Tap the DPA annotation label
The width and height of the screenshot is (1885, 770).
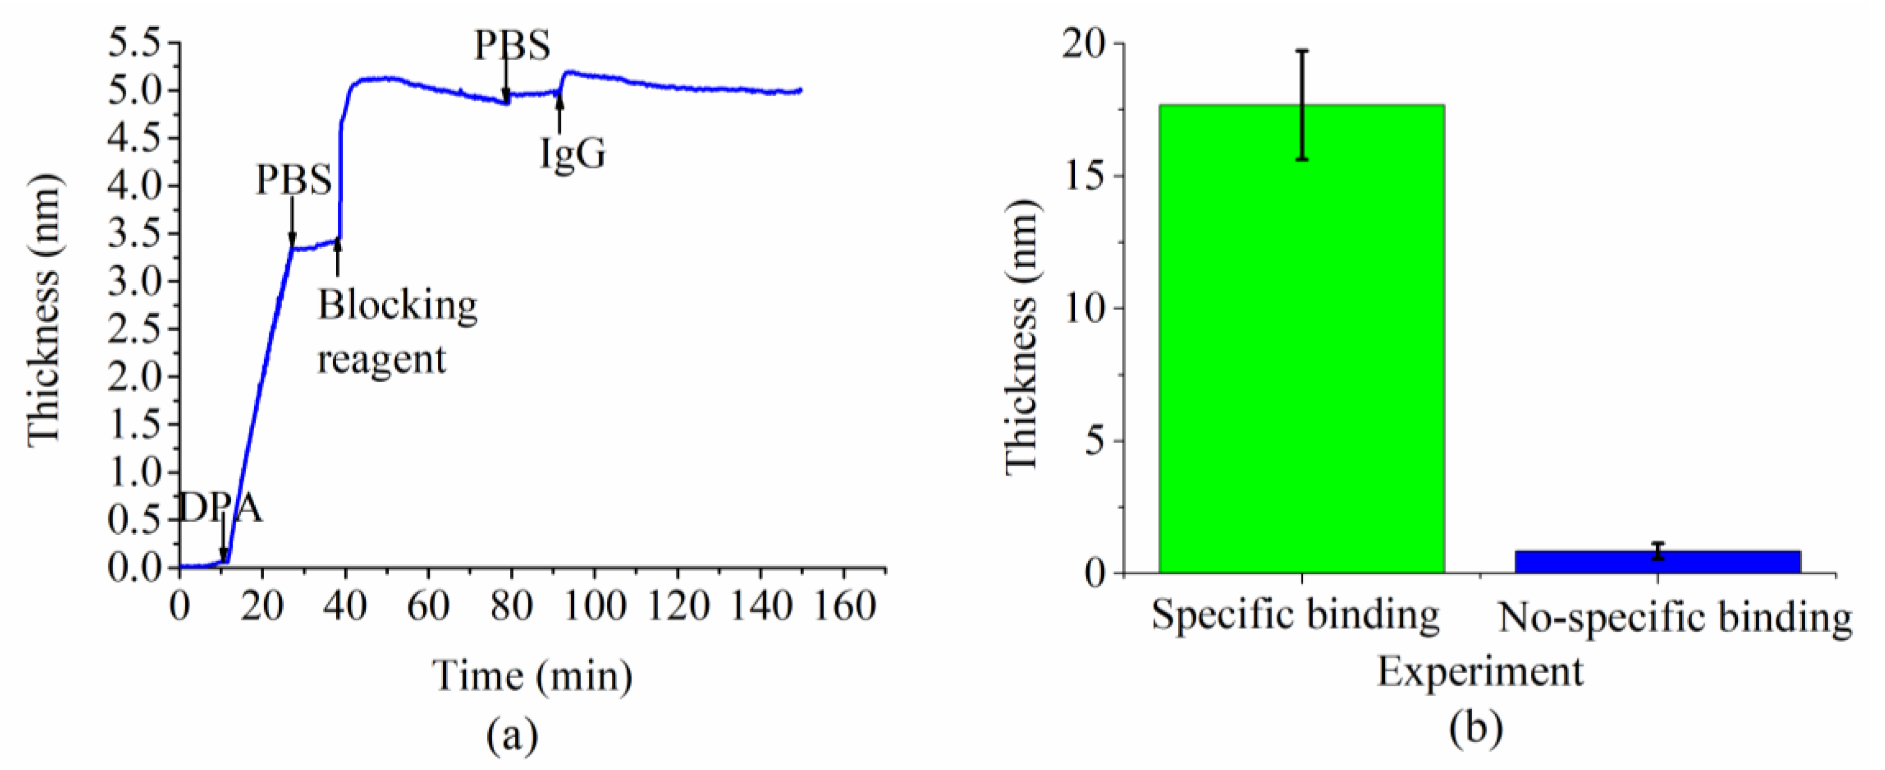click(220, 508)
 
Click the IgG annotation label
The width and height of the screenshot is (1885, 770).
click(572, 154)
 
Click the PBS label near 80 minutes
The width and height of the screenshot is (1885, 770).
click(512, 45)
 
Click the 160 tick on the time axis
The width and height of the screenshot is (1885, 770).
click(845, 606)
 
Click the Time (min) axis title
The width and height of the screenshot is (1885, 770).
click(532, 675)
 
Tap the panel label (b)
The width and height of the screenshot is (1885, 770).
click(1478, 732)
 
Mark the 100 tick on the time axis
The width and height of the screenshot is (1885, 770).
click(595, 606)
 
